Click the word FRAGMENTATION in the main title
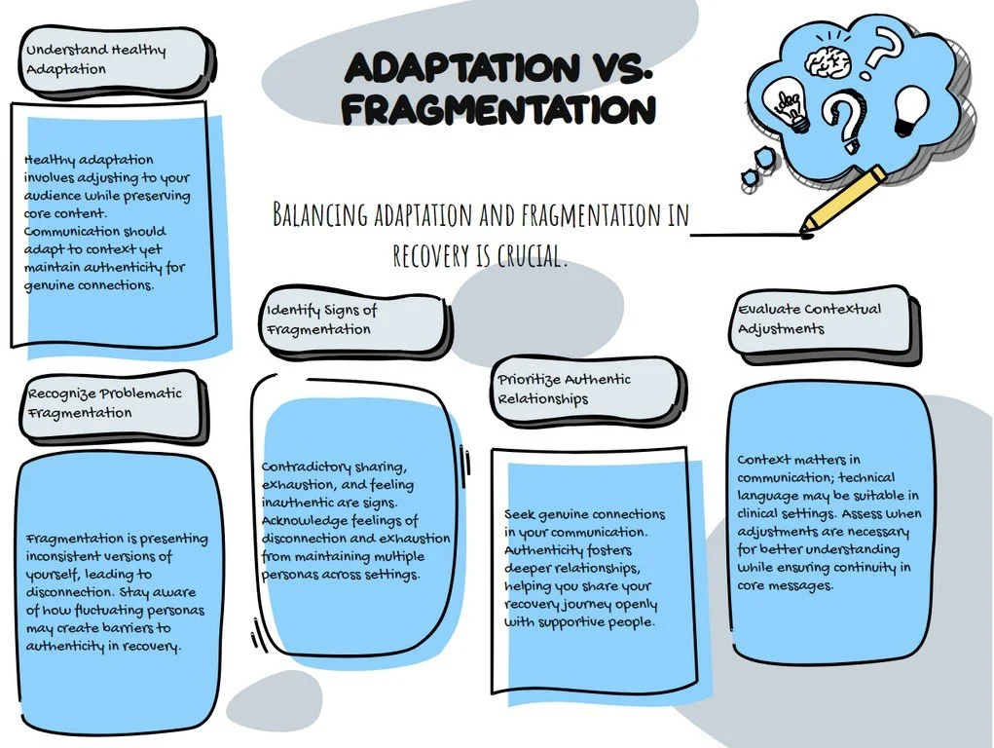(x=497, y=109)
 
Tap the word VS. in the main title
(x=604, y=68)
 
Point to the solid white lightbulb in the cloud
(x=911, y=108)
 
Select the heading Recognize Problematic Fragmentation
(x=103, y=403)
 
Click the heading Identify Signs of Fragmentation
(x=321, y=319)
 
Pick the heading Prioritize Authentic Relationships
(x=565, y=389)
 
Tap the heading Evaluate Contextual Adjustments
(x=808, y=318)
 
